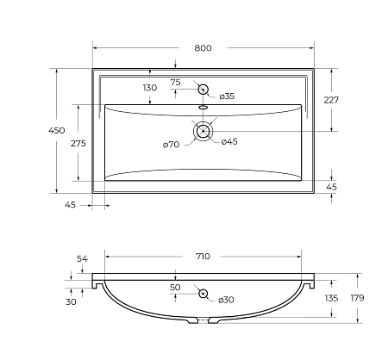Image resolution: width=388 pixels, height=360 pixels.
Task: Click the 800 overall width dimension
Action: (x=203, y=48)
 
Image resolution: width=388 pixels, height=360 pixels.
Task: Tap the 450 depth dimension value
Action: (x=57, y=130)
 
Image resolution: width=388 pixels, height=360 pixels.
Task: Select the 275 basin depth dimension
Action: (x=78, y=143)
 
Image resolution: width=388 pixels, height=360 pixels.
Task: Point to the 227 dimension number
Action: (x=331, y=100)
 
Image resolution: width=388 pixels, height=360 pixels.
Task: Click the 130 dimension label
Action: (x=150, y=88)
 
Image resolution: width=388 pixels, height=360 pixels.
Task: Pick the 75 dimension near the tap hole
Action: (x=175, y=83)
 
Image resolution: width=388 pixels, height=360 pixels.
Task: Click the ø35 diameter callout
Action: (x=227, y=96)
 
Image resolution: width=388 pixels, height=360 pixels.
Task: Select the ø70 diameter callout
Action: (x=171, y=145)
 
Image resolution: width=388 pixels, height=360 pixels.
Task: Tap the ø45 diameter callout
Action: (x=229, y=141)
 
